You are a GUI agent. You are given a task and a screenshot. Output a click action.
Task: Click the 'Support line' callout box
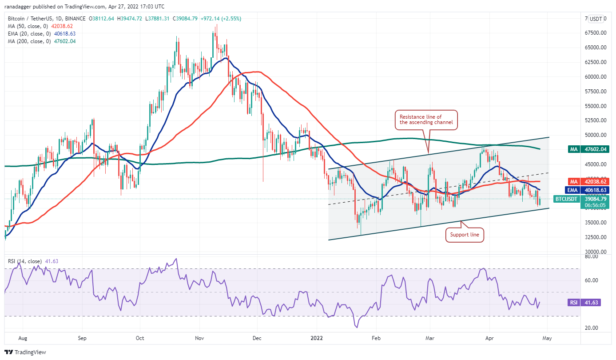[x=465, y=235]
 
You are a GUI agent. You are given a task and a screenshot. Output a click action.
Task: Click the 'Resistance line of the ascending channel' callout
[x=427, y=120]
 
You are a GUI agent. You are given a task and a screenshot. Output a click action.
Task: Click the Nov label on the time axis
[x=199, y=338]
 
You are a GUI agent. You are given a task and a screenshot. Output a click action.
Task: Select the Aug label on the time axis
[x=23, y=338]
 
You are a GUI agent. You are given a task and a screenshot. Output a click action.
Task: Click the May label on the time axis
[x=547, y=338]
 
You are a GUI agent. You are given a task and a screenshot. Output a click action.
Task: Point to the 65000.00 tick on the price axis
[x=595, y=48]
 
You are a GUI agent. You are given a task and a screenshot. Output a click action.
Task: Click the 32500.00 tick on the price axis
[x=595, y=237]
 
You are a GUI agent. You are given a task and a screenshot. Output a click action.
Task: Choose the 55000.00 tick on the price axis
[x=595, y=106]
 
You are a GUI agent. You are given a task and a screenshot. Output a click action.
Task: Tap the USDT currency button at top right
[x=596, y=19]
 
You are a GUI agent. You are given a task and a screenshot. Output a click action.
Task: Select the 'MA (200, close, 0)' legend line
[x=42, y=41]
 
